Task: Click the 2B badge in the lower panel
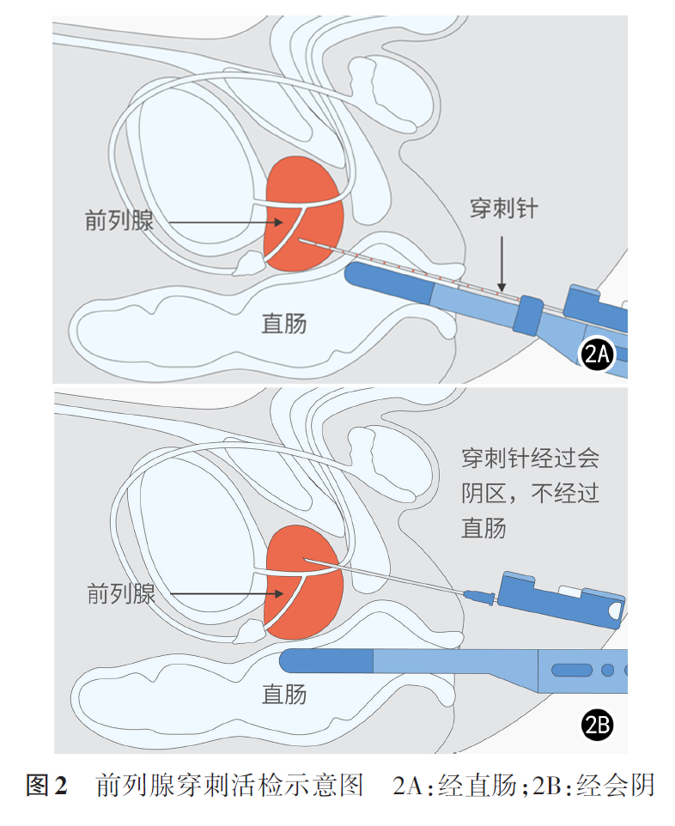(x=597, y=726)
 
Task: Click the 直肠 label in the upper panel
(x=284, y=324)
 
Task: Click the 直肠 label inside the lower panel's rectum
(x=284, y=695)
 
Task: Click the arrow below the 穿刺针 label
(x=502, y=262)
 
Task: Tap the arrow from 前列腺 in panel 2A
(x=215, y=223)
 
